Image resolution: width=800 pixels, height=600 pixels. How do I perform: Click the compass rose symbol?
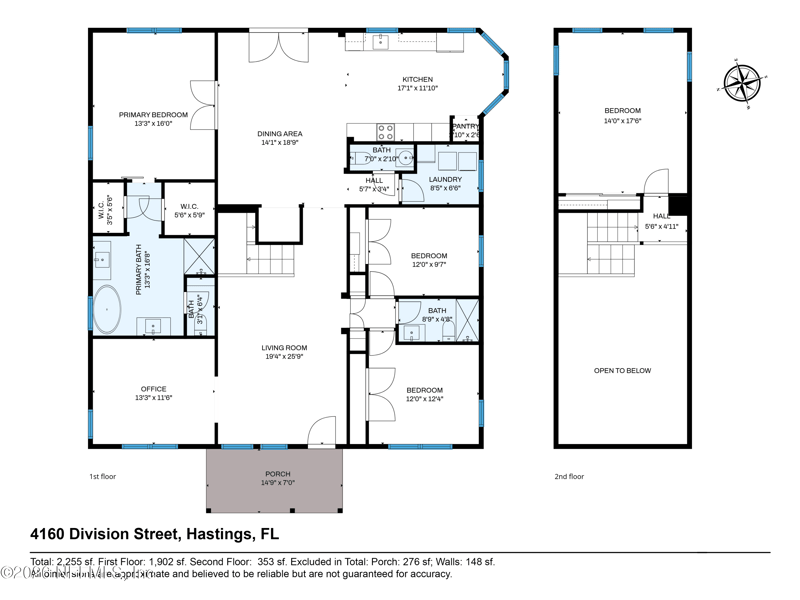click(x=742, y=80)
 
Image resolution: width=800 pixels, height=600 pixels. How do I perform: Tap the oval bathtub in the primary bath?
click(x=108, y=310)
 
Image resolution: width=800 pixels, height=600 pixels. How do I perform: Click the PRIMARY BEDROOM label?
click(x=153, y=115)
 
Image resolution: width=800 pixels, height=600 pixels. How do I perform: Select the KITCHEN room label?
click(x=417, y=80)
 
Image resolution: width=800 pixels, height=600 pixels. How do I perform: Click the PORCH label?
click(x=277, y=474)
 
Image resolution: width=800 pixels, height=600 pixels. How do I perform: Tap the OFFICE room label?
click(x=154, y=389)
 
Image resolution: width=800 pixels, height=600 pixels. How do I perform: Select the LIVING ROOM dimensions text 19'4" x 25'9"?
click(x=284, y=356)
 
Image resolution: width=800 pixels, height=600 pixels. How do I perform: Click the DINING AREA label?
click(x=281, y=134)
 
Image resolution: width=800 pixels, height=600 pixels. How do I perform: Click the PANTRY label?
click(x=465, y=127)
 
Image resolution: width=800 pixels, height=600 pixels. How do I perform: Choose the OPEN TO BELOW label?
click(x=622, y=371)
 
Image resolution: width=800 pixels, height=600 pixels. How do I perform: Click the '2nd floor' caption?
click(x=569, y=477)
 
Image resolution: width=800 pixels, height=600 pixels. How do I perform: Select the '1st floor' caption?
click(x=102, y=477)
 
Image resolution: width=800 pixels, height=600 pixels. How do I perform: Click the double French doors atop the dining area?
click(x=272, y=45)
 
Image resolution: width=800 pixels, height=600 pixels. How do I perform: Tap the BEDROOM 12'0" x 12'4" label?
click(x=424, y=390)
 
